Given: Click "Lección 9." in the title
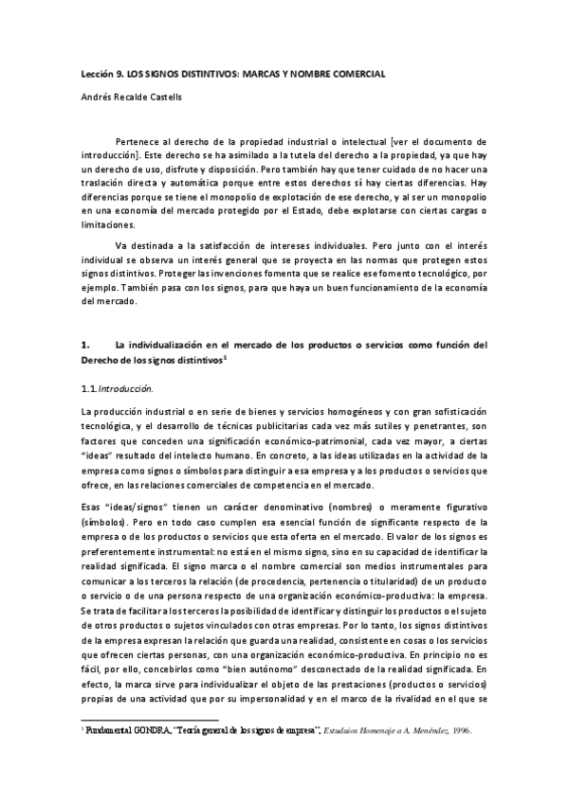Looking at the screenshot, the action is pyautogui.click(x=101, y=74).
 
